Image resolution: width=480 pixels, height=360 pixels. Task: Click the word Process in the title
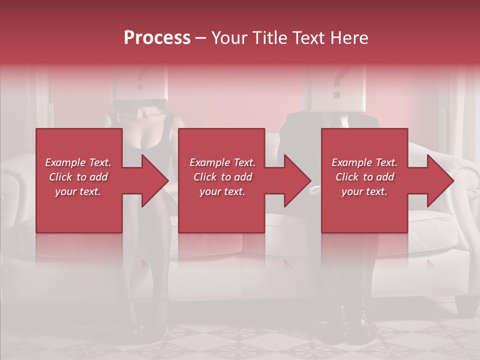[x=157, y=38]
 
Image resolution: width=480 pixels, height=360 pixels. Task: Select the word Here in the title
[x=349, y=38]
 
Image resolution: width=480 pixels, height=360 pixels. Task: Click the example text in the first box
[x=78, y=177]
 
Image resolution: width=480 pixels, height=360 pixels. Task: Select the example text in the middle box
[x=222, y=177]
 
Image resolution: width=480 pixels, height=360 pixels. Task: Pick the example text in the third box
[x=364, y=177]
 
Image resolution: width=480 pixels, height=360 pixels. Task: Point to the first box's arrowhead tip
[x=167, y=180]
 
